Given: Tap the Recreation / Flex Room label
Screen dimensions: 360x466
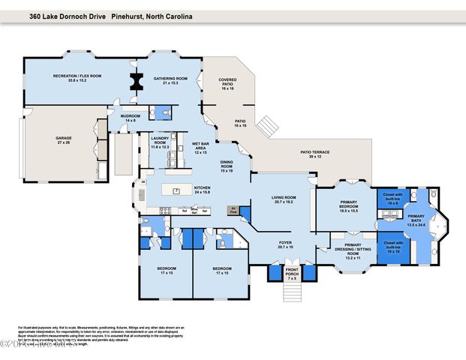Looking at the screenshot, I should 77,77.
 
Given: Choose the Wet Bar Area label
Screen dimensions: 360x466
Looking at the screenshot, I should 200,147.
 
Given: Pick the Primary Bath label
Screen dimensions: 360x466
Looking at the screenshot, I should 416,222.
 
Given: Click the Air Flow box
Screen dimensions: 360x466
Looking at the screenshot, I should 234,211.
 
